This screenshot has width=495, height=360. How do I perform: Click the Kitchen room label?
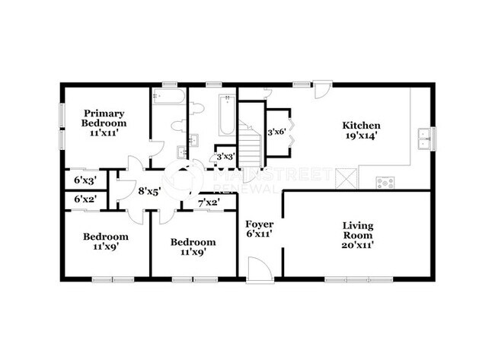(361, 126)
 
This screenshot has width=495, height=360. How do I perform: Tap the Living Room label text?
(358, 231)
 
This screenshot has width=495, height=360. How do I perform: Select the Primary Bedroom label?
(104, 118)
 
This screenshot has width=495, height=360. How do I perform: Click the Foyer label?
(260, 225)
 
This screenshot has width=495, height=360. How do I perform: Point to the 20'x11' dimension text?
(358, 245)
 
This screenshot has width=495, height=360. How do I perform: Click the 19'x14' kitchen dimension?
(361, 136)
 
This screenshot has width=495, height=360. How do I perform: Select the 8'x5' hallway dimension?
(150, 191)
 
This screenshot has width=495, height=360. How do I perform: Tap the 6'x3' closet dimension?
(85, 180)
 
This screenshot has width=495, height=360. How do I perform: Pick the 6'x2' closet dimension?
(85, 199)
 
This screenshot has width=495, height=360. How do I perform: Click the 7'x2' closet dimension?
(209, 202)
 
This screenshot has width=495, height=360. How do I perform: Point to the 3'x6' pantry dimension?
(277, 132)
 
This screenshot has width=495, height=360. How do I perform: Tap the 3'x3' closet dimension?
(226, 157)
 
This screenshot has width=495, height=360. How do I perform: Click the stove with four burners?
(385, 183)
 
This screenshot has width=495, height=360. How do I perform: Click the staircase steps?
(250, 144)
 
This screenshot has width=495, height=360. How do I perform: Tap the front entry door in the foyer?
(259, 269)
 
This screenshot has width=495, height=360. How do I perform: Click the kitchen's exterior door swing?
(323, 89)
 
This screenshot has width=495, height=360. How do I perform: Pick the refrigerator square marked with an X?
(346, 179)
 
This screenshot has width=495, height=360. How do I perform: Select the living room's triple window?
(359, 279)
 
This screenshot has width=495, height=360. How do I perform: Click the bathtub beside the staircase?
(227, 115)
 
